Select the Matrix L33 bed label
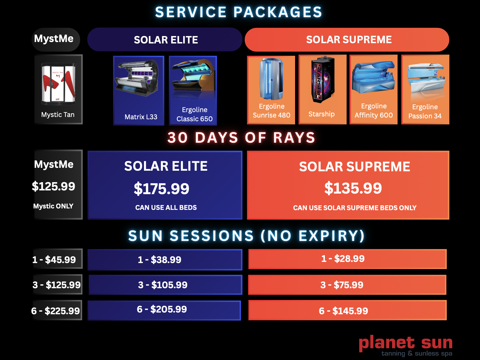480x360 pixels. pyautogui.click(x=141, y=117)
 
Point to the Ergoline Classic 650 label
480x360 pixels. pyautogui.click(x=194, y=114)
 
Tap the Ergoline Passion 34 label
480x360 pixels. pyautogui.click(x=425, y=112)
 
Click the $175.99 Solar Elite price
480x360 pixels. pyautogui.click(x=162, y=189)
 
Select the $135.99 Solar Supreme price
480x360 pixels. pyautogui.click(x=353, y=188)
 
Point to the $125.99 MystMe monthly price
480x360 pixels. pyautogui.click(x=54, y=186)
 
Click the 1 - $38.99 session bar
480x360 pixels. pyautogui.click(x=165, y=260)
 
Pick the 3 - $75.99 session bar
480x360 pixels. pyautogui.click(x=347, y=285)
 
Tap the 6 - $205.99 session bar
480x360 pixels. pyautogui.click(x=164, y=310)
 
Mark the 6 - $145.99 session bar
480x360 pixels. pyautogui.click(x=347, y=311)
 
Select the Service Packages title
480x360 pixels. pyautogui.click(x=239, y=12)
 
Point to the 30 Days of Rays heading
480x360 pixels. pyautogui.click(x=241, y=138)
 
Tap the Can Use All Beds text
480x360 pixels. pyautogui.click(x=166, y=208)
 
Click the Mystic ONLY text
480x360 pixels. pyautogui.click(x=53, y=206)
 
